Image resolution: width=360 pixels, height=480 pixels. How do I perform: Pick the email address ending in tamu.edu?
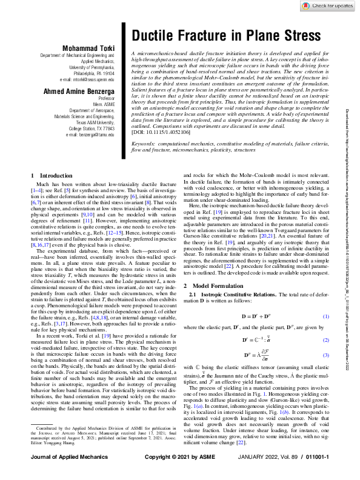point(87,135)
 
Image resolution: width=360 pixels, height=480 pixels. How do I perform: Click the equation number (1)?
point(325,317)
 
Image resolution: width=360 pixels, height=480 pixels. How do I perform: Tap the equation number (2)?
point(325,341)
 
